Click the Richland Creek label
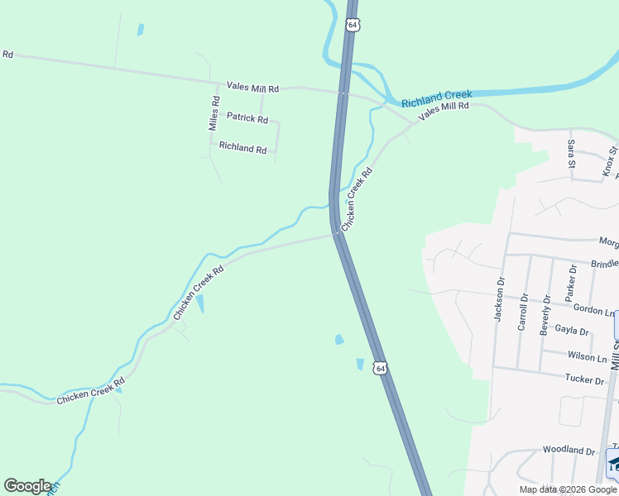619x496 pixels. pyautogui.click(x=437, y=99)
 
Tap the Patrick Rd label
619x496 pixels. pyautogui.click(x=247, y=119)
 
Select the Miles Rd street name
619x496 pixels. pyautogui.click(x=214, y=114)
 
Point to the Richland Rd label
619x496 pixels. pyautogui.click(x=242, y=149)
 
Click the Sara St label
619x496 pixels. pyautogui.click(x=571, y=154)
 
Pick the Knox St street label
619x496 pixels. pyautogui.click(x=611, y=160)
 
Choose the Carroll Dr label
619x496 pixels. pyautogui.click(x=522, y=312)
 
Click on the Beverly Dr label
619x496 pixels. pyautogui.click(x=545, y=314)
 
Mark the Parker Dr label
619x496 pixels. pyautogui.click(x=570, y=282)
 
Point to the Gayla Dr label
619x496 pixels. pyautogui.click(x=572, y=331)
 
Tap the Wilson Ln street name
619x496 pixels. pyautogui.click(x=587, y=356)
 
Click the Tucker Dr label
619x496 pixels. pyautogui.click(x=584, y=379)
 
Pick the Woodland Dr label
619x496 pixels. pyautogui.click(x=569, y=451)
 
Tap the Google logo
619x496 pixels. pyautogui.click(x=27, y=486)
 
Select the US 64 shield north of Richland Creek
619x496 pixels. pyautogui.click(x=353, y=26)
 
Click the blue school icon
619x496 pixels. pyautogui.click(x=613, y=462)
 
